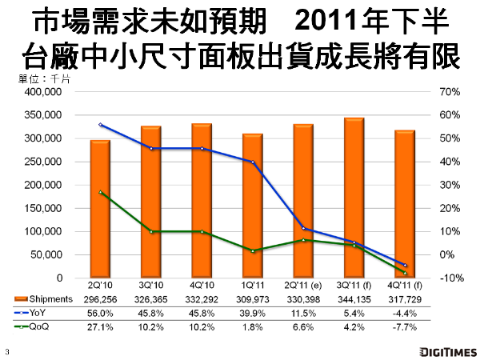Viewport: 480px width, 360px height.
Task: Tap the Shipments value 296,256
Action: coord(100,298)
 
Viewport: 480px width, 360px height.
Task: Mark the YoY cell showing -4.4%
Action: coord(404,312)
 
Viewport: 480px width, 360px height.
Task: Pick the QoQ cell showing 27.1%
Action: coord(100,326)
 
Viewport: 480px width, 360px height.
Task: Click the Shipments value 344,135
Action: coord(354,298)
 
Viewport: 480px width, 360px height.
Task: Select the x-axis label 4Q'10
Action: coord(202,286)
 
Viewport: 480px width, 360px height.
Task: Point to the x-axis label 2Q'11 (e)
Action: coord(302,286)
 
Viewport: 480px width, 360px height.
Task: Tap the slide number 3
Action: coord(6,350)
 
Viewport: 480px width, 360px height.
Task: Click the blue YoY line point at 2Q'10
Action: coord(100,125)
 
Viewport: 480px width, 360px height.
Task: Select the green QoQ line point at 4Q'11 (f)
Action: coord(404,273)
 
